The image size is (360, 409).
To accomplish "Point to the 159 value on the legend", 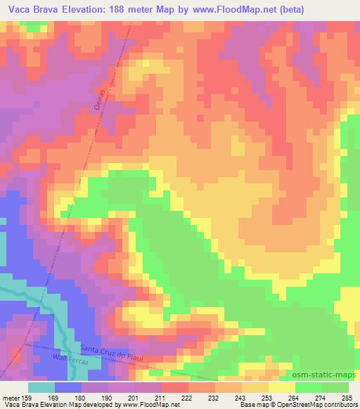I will [x=27, y=398].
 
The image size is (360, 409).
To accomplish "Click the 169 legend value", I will [x=53, y=398].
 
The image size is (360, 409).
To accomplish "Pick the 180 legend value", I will [x=79, y=398].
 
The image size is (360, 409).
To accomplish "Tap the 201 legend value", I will [x=133, y=398].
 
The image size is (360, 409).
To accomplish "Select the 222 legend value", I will [x=186, y=398].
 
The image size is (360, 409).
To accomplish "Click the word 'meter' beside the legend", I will [x=10, y=398].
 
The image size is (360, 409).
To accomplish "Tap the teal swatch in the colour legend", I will [x=41, y=387].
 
